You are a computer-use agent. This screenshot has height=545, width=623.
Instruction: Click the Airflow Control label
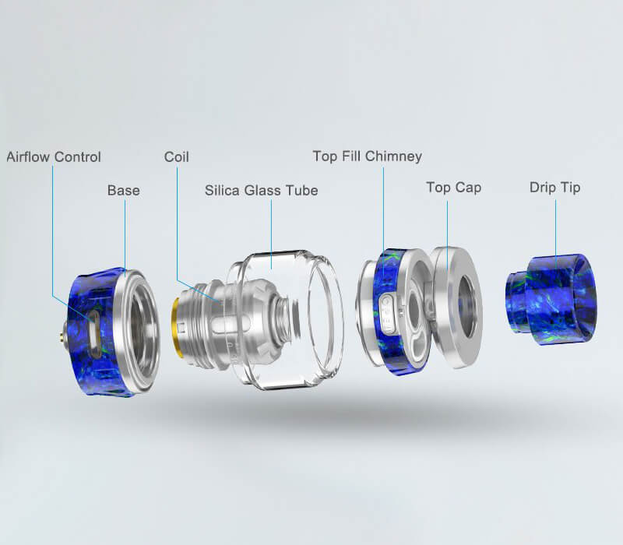54,157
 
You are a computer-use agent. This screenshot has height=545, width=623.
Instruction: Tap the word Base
124,190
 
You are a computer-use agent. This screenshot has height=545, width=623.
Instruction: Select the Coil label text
177,156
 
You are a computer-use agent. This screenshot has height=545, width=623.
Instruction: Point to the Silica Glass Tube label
262,190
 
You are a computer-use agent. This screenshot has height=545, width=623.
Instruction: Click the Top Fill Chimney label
367,156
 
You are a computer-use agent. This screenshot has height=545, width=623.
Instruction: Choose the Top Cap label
454,187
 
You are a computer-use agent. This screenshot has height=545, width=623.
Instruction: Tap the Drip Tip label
555,187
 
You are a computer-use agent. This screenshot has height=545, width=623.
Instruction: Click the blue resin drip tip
551,299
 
